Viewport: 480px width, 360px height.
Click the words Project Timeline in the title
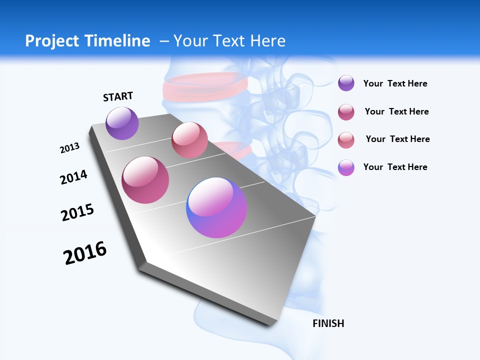[87, 41]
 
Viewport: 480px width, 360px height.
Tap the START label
[118, 96]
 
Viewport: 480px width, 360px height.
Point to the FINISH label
[328, 323]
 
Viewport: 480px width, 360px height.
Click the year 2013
[69, 148]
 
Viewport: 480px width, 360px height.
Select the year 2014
[73, 177]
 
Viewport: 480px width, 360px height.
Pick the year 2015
[77, 212]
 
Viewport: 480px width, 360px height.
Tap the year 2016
[85, 253]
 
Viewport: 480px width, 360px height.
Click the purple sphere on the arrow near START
[122, 123]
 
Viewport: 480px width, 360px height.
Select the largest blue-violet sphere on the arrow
[216, 207]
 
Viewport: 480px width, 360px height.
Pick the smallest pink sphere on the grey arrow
[189, 140]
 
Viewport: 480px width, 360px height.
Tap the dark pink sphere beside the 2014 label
[145, 180]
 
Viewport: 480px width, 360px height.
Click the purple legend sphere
[346, 83]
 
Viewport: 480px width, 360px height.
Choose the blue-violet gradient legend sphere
[346, 167]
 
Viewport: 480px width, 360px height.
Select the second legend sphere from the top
[346, 112]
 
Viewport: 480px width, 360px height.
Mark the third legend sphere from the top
[346, 140]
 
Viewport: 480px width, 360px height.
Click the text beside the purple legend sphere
[395, 83]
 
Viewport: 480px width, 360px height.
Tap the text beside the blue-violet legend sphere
[395, 167]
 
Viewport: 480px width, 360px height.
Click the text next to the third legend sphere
[397, 139]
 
